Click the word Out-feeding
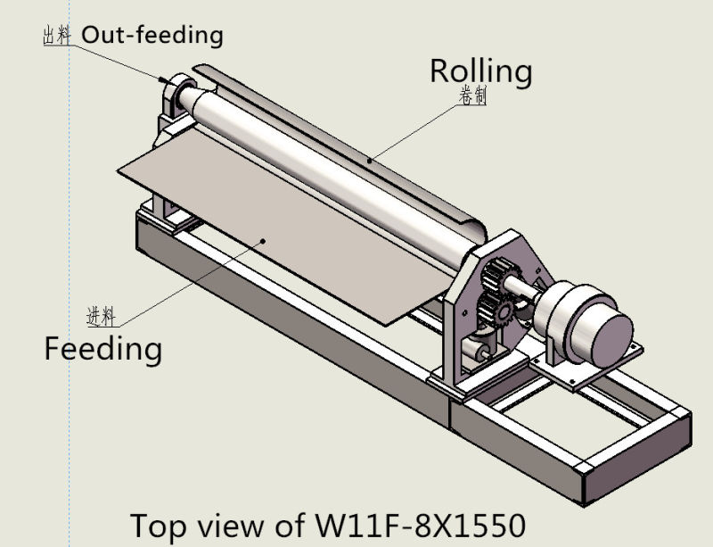tap(152, 35)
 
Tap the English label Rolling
tap(480, 70)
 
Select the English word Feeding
tap(103, 347)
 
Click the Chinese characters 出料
tap(57, 36)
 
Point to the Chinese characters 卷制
tap(472, 97)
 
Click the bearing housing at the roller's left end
tap(178, 98)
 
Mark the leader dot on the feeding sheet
tap(264, 239)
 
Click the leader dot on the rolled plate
tap(370, 161)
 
